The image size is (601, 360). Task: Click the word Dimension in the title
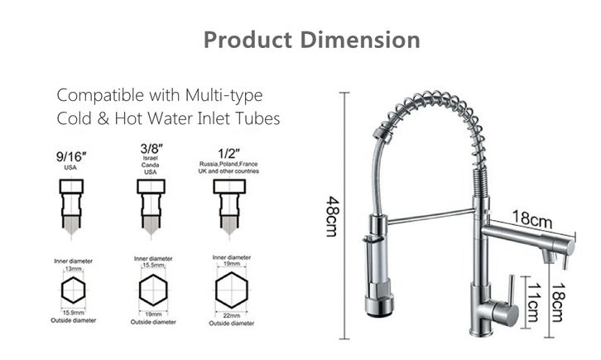(x=360, y=40)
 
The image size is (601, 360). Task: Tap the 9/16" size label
(x=71, y=156)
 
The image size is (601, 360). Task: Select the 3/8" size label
(x=151, y=149)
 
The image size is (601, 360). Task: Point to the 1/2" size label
(x=228, y=154)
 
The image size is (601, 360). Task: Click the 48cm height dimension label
(x=332, y=216)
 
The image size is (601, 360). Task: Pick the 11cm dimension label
(x=534, y=303)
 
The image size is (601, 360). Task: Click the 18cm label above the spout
(x=533, y=219)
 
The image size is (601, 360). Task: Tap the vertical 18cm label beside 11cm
(x=558, y=303)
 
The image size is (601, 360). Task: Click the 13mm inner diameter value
(x=73, y=269)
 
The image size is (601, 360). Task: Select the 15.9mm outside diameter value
(x=73, y=313)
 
